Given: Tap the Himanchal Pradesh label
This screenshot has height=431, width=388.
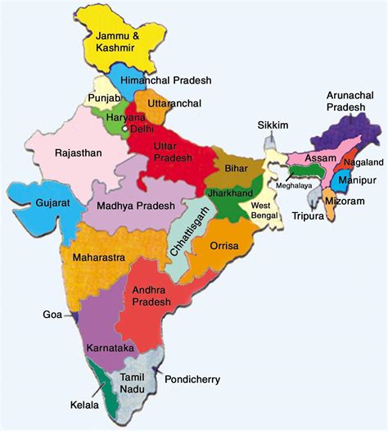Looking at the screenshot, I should click(x=165, y=80).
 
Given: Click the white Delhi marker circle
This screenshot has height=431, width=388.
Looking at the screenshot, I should click(x=124, y=129).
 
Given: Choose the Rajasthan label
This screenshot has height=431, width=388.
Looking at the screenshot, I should click(x=79, y=153).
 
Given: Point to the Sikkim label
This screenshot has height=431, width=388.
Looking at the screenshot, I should click(x=273, y=125).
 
